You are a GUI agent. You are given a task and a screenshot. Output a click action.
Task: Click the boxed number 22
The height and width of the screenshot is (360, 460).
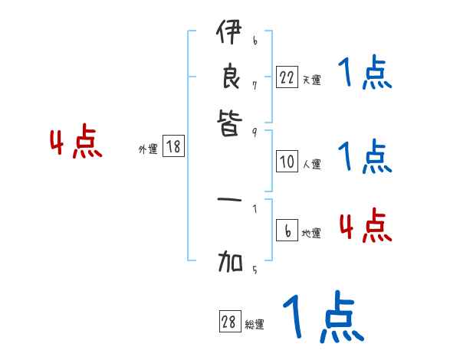pyautogui.click(x=287, y=77)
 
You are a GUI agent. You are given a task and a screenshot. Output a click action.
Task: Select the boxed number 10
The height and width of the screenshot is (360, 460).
pyautogui.click(x=287, y=162)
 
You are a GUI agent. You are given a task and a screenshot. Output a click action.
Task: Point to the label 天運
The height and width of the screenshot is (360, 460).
pyautogui.click(x=311, y=80)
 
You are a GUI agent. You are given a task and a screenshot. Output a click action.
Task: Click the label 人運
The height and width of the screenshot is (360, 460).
pyautogui.click(x=311, y=164)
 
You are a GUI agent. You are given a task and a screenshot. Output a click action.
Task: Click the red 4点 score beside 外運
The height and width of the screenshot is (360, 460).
pyautogui.click(x=76, y=143)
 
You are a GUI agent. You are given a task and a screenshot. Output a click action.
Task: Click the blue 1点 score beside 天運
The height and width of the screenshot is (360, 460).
pyautogui.click(x=365, y=74)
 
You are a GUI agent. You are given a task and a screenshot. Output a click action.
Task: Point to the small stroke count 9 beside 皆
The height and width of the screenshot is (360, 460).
pyautogui.click(x=254, y=132)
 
